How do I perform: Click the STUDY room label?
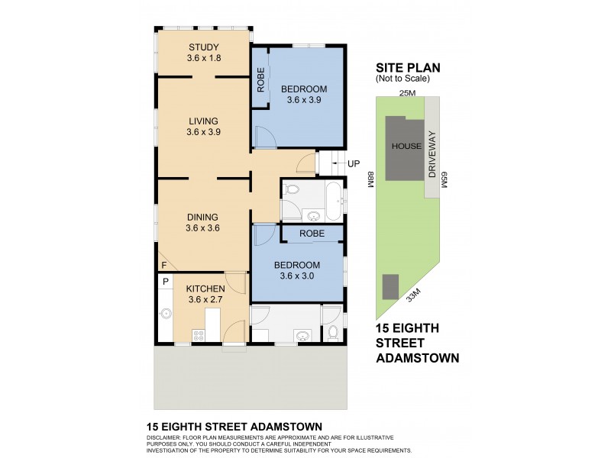click(203, 47)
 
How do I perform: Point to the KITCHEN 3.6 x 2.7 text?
click(205, 294)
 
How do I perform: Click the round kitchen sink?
click(165, 312)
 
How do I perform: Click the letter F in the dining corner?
click(163, 265)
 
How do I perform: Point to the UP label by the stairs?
click(353, 163)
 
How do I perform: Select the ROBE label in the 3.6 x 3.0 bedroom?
click(312, 234)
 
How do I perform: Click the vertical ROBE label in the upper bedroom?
click(260, 82)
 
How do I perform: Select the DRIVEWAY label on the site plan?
click(432, 154)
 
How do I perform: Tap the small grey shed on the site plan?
click(390, 287)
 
